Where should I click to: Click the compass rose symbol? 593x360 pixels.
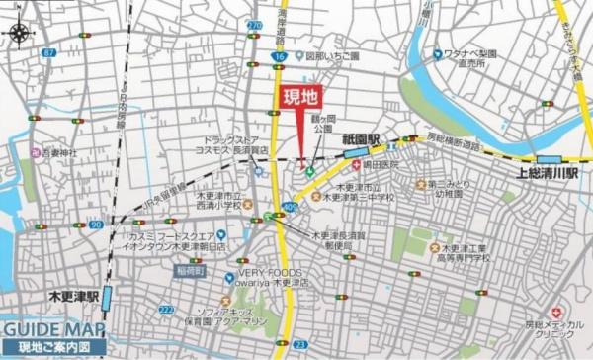[x=19, y=33]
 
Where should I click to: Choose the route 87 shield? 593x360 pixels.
[x=49, y=52]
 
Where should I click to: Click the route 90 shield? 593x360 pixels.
[x=95, y=225]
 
